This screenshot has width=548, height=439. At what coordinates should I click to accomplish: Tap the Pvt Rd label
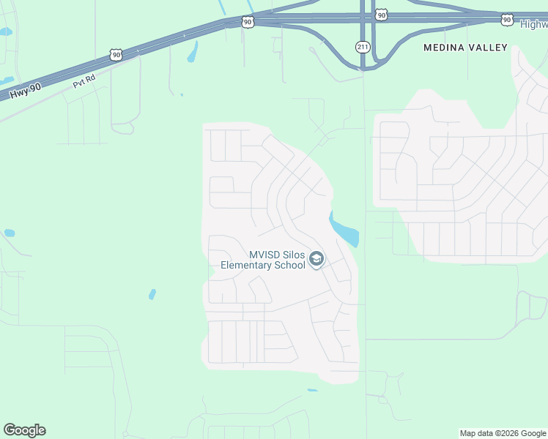(84, 81)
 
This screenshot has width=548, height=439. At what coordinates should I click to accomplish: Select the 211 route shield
(363, 47)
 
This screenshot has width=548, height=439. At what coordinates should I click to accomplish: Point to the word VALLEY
(490, 48)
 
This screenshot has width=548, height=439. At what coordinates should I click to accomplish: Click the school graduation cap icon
(316, 259)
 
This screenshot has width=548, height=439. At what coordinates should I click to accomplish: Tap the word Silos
(295, 255)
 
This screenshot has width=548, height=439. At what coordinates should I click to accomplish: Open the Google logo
(24, 430)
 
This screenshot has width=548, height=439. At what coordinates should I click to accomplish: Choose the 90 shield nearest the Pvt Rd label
(116, 54)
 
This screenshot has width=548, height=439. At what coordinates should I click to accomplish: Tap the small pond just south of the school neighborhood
(313, 390)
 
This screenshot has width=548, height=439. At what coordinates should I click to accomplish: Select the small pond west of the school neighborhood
(152, 294)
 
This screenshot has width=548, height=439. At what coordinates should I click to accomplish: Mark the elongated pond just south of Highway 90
(193, 51)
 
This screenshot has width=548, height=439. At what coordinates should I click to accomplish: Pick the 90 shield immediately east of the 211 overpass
(381, 15)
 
